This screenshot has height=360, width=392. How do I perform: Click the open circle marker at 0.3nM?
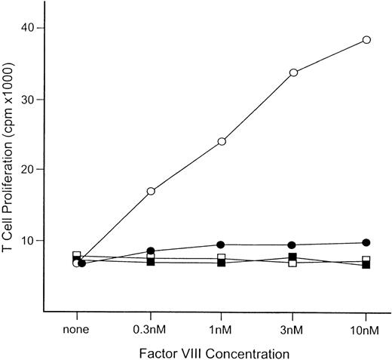pos(151,191)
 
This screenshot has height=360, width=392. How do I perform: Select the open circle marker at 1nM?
pos(222,141)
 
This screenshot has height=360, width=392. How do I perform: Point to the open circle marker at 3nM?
pos(293,72)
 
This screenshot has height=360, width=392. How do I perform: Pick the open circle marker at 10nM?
pos(366,39)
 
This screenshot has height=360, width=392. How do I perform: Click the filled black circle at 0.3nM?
pos(151,251)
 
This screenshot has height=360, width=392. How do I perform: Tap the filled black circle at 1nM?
pos(221,245)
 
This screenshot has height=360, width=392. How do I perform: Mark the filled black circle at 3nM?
pos(292,245)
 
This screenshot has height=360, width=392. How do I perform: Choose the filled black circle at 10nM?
pos(366,242)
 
